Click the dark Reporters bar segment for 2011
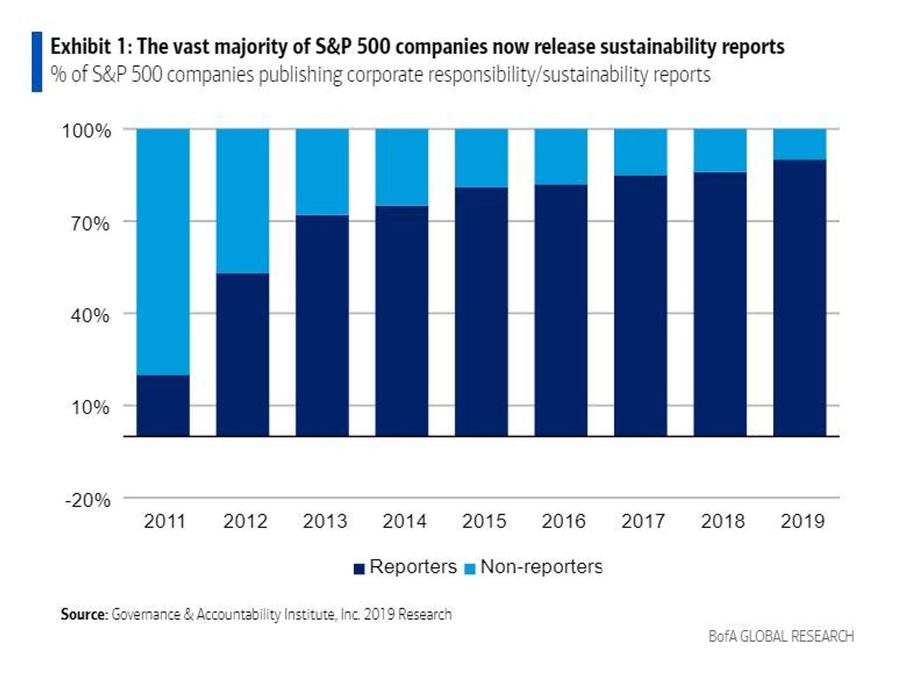pos(164,406)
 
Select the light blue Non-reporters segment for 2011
pos(164,252)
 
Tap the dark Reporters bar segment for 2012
pos(243,354)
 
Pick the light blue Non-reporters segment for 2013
pos(323,172)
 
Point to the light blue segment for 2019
pos(800,144)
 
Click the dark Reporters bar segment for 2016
pos(561,310)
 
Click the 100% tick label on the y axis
pos(86,131)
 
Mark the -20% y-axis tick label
pos(87,500)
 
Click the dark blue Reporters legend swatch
pos(359,569)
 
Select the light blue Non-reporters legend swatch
pos(470,569)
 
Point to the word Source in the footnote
pos(83,615)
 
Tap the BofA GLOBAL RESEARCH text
pos(781,636)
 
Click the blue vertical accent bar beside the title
pos(36,61)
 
